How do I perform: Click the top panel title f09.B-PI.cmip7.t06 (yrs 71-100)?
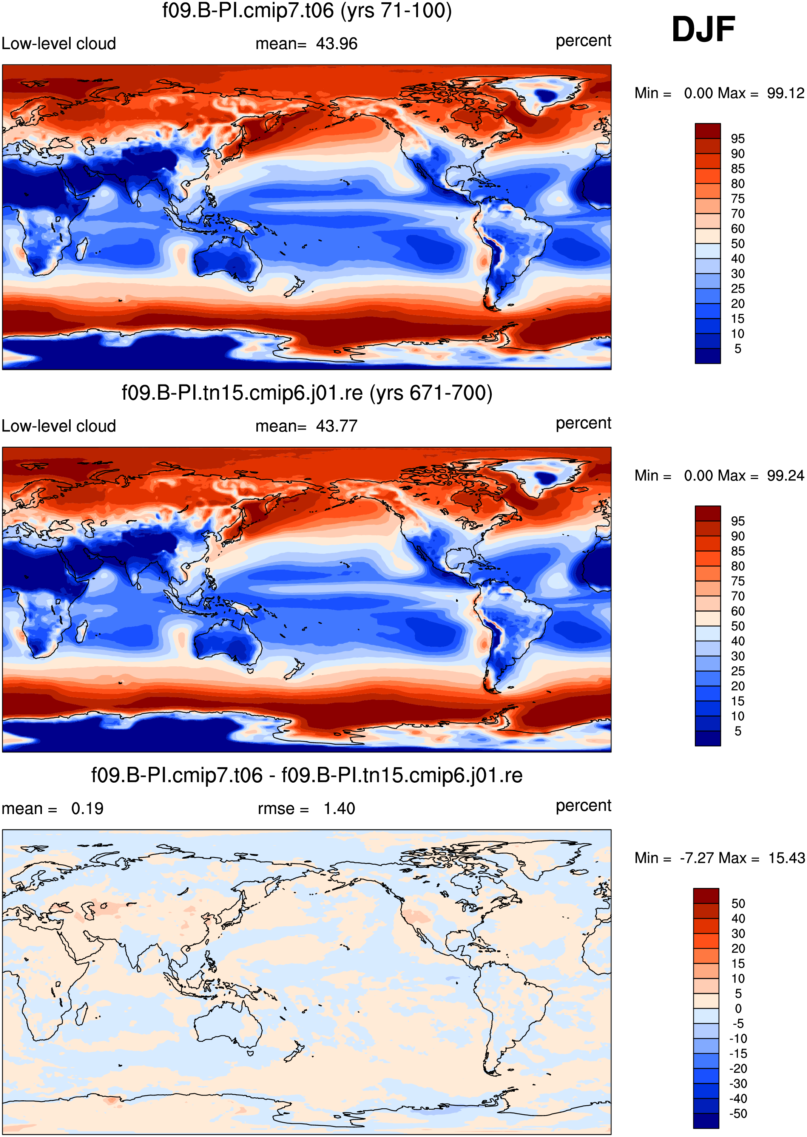click(307, 11)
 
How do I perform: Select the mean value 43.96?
click(336, 44)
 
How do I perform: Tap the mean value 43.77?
click(336, 426)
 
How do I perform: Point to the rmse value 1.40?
click(339, 808)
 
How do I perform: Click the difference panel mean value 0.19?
click(88, 808)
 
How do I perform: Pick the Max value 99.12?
click(785, 93)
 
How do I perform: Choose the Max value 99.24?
click(785, 476)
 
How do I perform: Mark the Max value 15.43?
click(786, 858)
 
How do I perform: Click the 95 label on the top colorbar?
click(738, 139)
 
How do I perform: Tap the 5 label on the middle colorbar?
click(738, 731)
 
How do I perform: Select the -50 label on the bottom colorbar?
click(738, 1114)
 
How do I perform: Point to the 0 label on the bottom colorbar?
click(738, 1009)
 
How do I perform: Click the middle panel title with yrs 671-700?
click(307, 393)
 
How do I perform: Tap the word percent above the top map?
click(583, 41)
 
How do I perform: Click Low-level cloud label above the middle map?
click(59, 426)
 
